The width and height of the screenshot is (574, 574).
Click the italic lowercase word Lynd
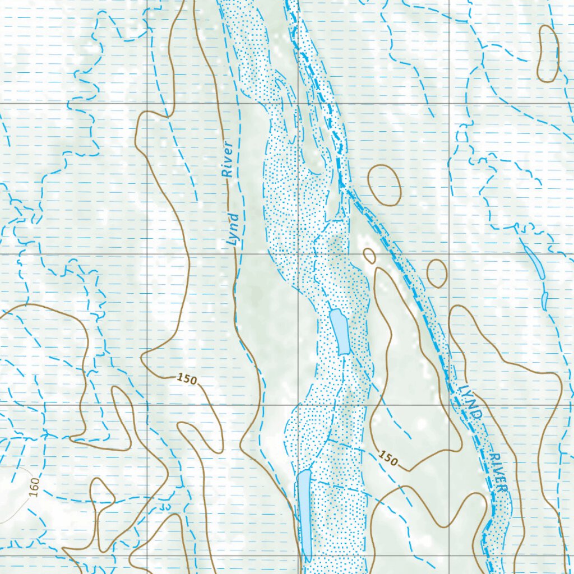pyautogui.click(x=233, y=230)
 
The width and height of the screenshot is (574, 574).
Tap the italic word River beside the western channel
pyautogui.click(x=226, y=166)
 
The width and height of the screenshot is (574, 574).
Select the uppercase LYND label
pyautogui.click(x=470, y=402)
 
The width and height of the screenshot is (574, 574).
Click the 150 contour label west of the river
pyautogui.click(x=187, y=379)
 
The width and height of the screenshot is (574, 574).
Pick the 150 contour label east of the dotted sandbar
pyautogui.click(x=387, y=458)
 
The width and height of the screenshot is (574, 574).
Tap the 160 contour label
pyautogui.click(x=35, y=487)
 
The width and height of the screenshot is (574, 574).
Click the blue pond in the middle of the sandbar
pyautogui.click(x=340, y=331)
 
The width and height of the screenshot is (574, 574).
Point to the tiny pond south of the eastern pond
pyautogui.click(x=544, y=300)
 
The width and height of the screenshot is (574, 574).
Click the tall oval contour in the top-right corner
pyautogui.click(x=548, y=54)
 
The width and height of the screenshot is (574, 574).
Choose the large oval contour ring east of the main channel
pyautogui.click(x=385, y=185)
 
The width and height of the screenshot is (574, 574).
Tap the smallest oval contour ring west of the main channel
pyautogui.click(x=369, y=256)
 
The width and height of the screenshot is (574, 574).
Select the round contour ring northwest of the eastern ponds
pyautogui.click(x=437, y=273)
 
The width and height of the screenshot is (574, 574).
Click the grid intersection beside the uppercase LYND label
pyautogui.click(x=450, y=404)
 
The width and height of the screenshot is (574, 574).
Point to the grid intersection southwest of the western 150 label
pyautogui.click(x=147, y=404)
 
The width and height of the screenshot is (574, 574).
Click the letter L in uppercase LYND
pyautogui.click(x=462, y=388)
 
